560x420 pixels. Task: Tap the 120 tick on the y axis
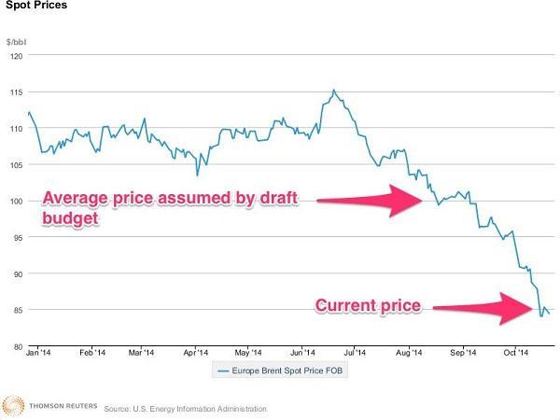click(16, 55)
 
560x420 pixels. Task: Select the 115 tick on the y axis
click(16, 91)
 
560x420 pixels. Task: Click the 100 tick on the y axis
click(16, 201)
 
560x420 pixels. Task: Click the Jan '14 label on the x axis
click(38, 355)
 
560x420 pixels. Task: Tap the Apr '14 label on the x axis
click(195, 355)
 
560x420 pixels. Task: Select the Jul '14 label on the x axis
click(353, 355)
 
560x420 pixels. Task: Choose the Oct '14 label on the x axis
click(515, 355)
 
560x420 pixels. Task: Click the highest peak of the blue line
click(334, 91)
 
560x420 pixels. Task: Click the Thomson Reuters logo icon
click(12, 406)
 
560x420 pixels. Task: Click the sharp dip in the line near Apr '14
click(197, 175)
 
